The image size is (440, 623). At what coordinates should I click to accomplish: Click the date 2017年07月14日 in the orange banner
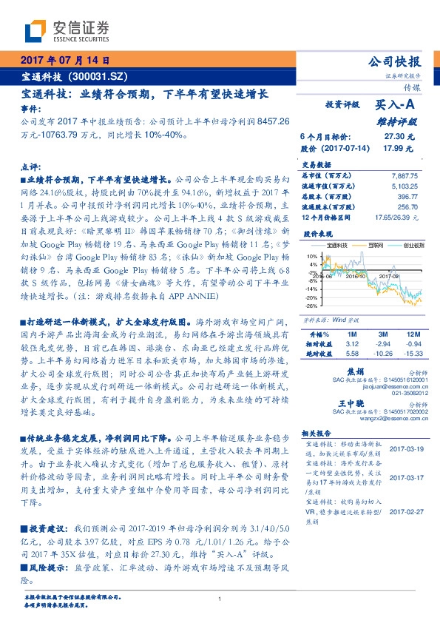pyautogui.click(x=66, y=61)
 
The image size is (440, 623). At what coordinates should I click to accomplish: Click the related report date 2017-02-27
pyautogui.click(x=405, y=511)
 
